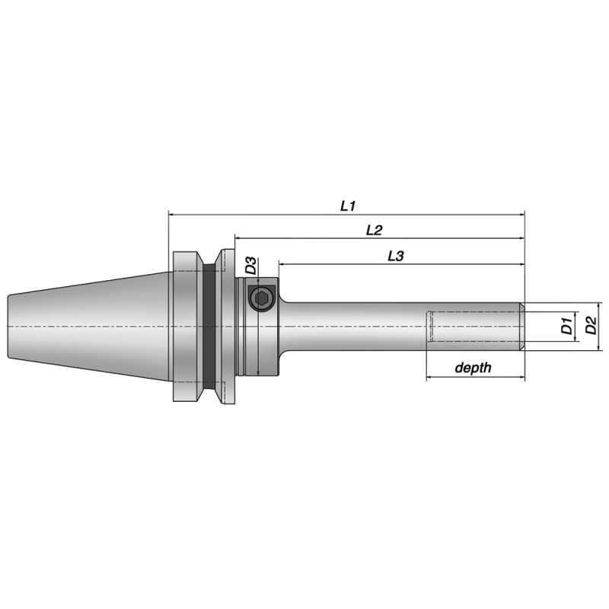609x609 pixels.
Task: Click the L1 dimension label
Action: click(x=349, y=206)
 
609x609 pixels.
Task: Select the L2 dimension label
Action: click(x=374, y=229)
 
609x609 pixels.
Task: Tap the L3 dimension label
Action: click(x=395, y=257)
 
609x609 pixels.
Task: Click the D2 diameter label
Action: click(x=590, y=327)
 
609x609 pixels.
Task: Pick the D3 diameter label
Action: click(x=250, y=266)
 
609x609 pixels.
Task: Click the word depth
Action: click(x=473, y=368)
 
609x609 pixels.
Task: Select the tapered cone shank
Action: click(x=91, y=326)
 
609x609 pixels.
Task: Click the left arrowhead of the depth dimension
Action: click(x=430, y=377)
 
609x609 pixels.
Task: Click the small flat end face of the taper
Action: click(x=8, y=326)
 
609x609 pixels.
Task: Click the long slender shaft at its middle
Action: click(x=358, y=327)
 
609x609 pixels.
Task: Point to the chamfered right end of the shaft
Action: click(x=522, y=327)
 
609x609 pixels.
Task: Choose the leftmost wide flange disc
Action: click(x=183, y=326)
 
